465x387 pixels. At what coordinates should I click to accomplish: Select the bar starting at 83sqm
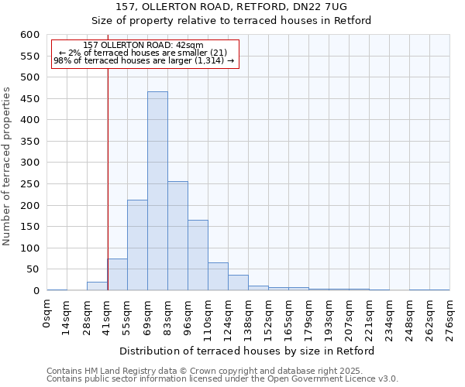coord(177,236)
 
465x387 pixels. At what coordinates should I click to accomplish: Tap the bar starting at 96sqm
coord(198,255)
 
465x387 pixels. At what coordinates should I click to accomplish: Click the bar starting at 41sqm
coord(117,275)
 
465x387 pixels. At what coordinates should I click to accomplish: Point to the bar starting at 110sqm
coord(218,277)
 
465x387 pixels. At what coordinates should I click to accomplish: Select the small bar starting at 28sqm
coord(97,286)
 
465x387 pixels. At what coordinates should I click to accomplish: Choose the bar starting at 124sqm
coord(238,283)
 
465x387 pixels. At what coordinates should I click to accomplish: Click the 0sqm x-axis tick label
coord(47,315)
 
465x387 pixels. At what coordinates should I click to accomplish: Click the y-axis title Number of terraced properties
coord(7,166)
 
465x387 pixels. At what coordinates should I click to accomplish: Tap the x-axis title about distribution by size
coord(248,351)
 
